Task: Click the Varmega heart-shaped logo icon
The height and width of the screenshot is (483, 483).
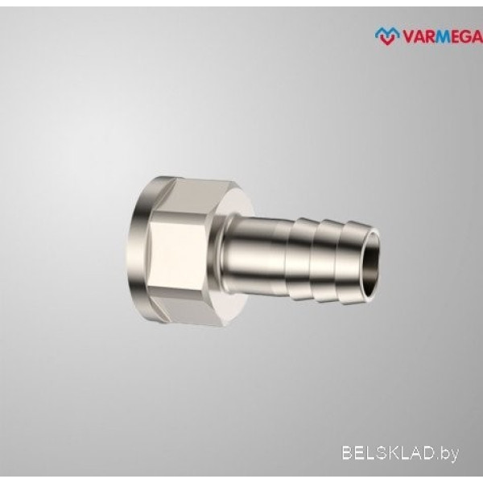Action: [387, 36]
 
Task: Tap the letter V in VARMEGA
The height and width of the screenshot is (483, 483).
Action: [408, 37]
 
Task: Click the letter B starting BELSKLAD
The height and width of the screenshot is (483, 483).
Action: [348, 453]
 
